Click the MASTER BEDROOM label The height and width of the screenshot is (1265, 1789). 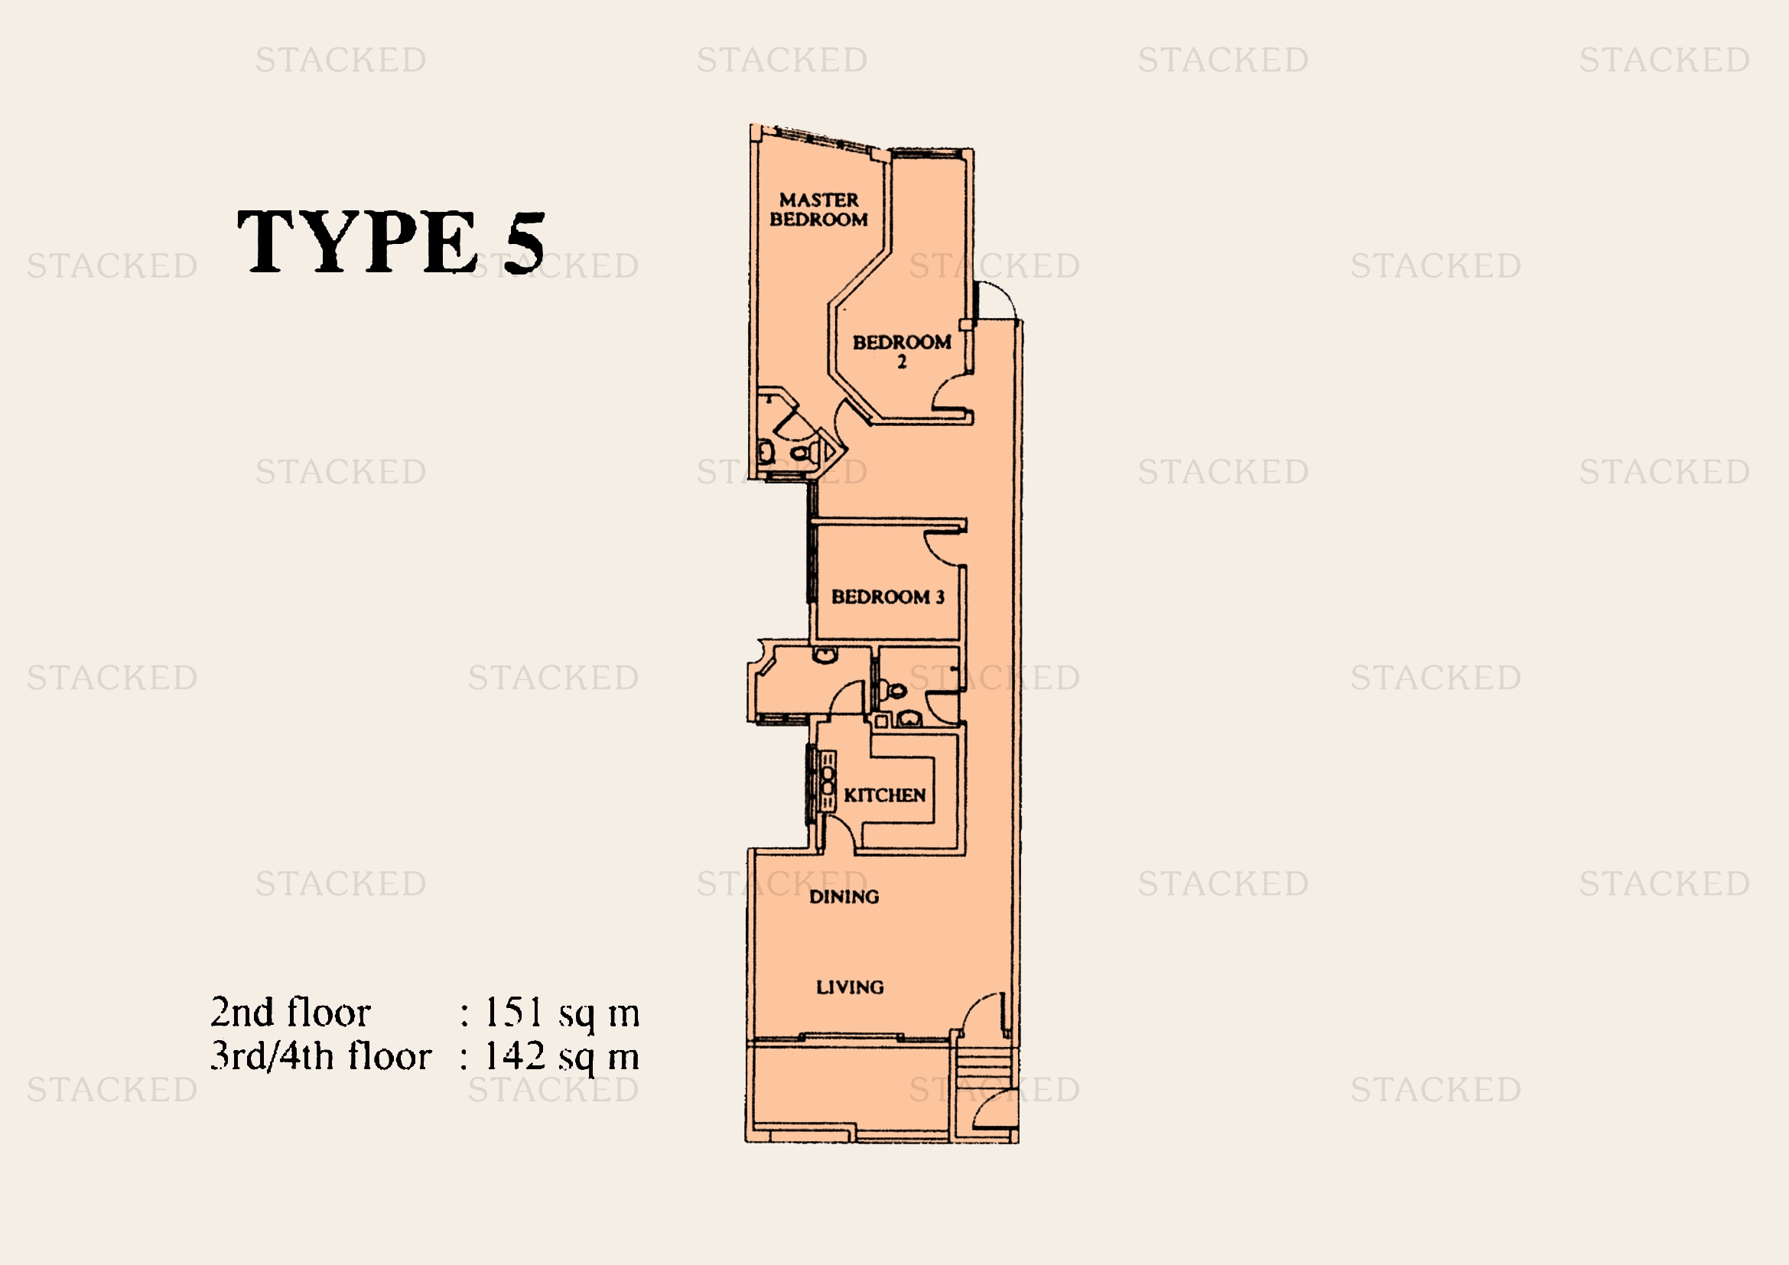coord(818,210)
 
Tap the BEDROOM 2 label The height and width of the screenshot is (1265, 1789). coord(902,350)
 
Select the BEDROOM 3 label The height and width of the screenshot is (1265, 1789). coord(887,597)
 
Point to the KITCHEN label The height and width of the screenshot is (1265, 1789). coord(884,795)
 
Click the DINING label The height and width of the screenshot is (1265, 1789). coord(844,896)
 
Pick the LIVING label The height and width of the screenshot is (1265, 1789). coord(850,987)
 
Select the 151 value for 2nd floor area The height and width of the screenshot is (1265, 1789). coord(513,1012)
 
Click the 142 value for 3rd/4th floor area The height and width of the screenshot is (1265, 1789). coord(514,1056)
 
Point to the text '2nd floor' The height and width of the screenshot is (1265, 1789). coord(291,1012)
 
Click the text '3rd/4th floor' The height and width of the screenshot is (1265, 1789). coord(321,1056)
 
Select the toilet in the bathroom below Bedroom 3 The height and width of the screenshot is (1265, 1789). coord(897,690)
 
